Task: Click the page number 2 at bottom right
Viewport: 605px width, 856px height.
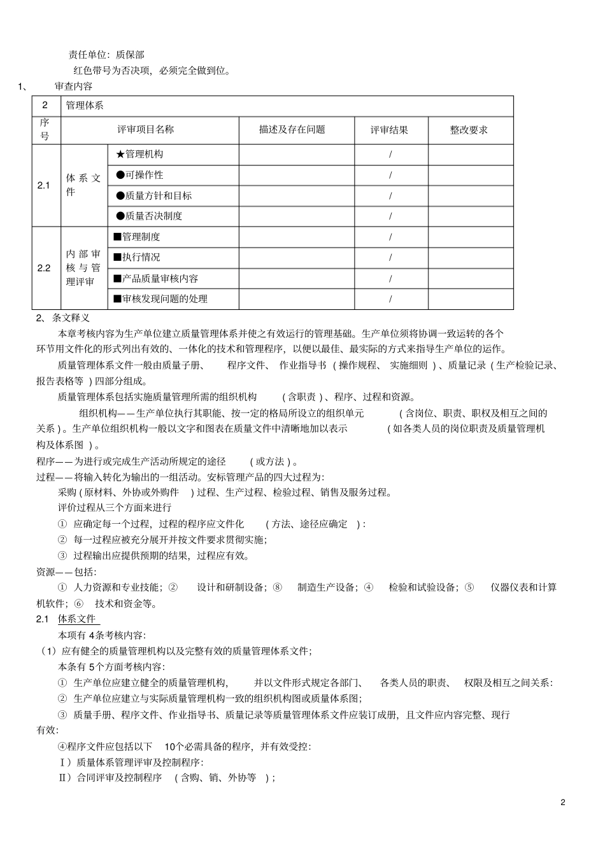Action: pyautogui.click(x=563, y=802)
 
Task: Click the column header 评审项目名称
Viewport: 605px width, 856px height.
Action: pyautogui.click(x=145, y=130)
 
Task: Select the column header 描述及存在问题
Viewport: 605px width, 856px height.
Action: pyautogui.click(x=292, y=130)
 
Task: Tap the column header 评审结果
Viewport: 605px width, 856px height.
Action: pyautogui.click(x=390, y=130)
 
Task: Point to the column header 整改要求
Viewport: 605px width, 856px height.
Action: pyautogui.click(x=469, y=130)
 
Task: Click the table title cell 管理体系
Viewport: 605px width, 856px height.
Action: pyautogui.click(x=85, y=106)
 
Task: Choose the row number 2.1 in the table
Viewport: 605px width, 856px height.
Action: pyautogui.click(x=43, y=185)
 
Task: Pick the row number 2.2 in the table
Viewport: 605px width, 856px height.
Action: pyautogui.click(x=43, y=268)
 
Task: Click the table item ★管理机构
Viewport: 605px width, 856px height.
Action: pyautogui.click(x=139, y=154)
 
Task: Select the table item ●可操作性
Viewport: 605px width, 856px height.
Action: pyautogui.click(x=139, y=175)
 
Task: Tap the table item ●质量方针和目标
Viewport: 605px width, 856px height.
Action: pyautogui.click(x=153, y=196)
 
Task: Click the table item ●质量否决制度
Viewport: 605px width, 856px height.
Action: pyautogui.click(x=149, y=216)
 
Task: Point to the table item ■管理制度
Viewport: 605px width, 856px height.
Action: pyautogui.click(x=137, y=237)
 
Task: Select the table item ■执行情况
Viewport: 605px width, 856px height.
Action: pyautogui.click(x=137, y=257)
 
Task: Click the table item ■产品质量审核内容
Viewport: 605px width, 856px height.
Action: pyautogui.click(x=156, y=279)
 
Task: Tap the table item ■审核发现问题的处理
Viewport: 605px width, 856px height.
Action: pyautogui.click(x=160, y=299)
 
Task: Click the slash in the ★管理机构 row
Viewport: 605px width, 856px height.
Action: pyautogui.click(x=390, y=155)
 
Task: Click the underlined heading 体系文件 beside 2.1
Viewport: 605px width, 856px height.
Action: pyautogui.click(x=77, y=619)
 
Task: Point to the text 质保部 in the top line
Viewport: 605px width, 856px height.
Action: pyautogui.click(x=130, y=55)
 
